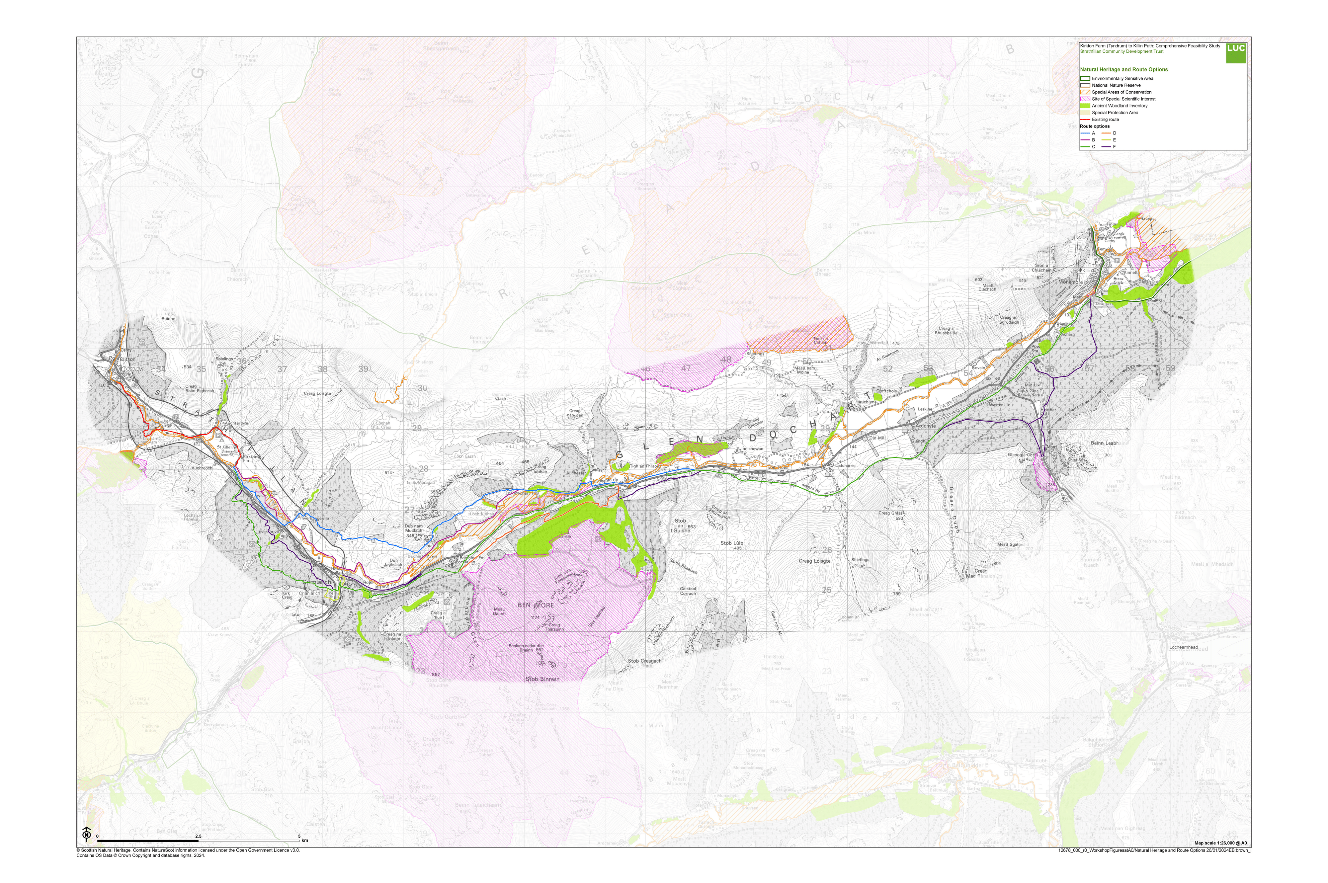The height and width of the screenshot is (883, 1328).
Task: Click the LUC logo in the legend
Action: click(1236, 52)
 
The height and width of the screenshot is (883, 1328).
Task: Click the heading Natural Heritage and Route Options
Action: click(1123, 70)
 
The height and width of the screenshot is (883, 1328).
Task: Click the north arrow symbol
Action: click(87, 834)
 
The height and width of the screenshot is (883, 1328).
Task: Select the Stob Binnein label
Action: click(542, 679)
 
